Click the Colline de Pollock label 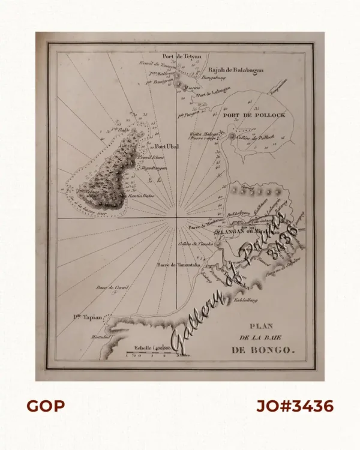254,137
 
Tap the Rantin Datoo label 142,196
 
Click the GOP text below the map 46,406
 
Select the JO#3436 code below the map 295,406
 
